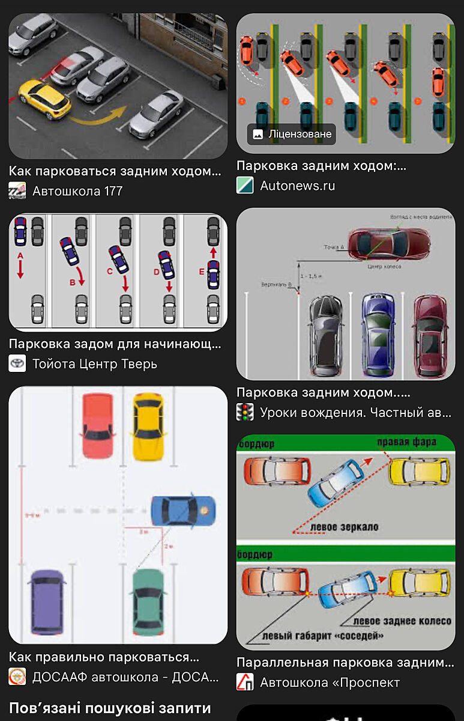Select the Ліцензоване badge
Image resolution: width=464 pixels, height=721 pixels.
pyautogui.click(x=292, y=134)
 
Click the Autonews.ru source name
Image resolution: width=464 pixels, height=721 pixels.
pyautogui.click(x=297, y=186)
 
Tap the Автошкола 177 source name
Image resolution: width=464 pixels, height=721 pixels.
pyautogui.click(x=77, y=191)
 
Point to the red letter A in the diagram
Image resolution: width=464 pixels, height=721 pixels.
pyautogui.click(x=20, y=256)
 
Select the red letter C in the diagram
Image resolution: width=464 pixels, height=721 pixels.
pyautogui.click(x=110, y=272)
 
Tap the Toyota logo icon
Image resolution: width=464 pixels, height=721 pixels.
pyautogui.click(x=17, y=364)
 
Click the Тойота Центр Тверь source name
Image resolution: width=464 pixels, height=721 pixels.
pyautogui.click(x=95, y=364)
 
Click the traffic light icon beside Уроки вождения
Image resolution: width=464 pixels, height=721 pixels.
pyautogui.click(x=245, y=412)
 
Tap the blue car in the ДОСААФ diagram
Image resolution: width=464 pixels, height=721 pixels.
pyautogui.click(x=182, y=510)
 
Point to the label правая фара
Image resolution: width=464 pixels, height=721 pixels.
pyautogui.click(x=406, y=443)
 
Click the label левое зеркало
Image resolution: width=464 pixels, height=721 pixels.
pyautogui.click(x=344, y=528)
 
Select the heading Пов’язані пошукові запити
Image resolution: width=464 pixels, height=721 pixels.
pyautogui.click(x=110, y=707)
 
